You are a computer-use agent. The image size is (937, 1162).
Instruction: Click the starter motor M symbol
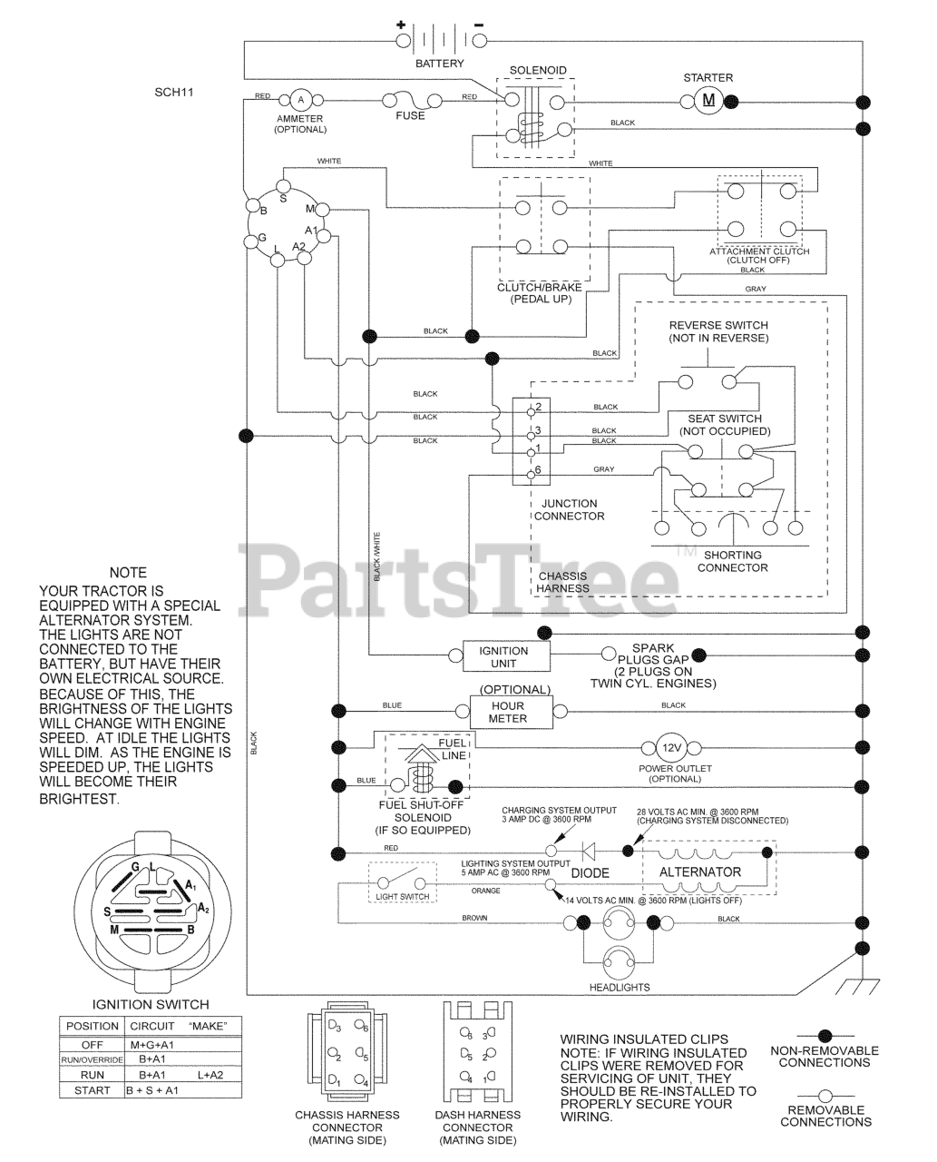tap(708, 101)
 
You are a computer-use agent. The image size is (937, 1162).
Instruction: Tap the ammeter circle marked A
tap(300, 101)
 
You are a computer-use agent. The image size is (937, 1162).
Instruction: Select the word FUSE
tap(410, 115)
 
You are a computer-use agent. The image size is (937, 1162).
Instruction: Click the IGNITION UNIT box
tap(506, 656)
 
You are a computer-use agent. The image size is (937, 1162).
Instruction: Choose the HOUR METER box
tap(512, 712)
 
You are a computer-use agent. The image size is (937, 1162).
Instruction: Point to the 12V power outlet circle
tap(671, 748)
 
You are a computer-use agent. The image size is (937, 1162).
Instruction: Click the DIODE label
tap(590, 873)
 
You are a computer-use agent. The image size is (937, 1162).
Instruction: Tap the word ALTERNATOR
tap(700, 872)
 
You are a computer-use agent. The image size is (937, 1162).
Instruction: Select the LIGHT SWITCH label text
tap(402, 897)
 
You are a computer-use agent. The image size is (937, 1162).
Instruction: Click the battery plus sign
tap(401, 24)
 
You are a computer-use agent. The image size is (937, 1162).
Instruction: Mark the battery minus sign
tap(478, 25)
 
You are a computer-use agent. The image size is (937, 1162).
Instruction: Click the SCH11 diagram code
tap(174, 93)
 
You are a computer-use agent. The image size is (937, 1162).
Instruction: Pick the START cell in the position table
tap(93, 1090)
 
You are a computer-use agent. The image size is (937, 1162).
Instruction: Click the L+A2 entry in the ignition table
tap(210, 1075)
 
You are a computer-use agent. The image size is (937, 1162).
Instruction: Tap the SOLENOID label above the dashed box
tap(538, 71)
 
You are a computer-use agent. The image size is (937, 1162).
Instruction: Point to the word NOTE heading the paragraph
tap(128, 573)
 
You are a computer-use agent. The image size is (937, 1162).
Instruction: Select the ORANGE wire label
tap(485, 891)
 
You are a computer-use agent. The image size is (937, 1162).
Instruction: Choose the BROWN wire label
tap(474, 918)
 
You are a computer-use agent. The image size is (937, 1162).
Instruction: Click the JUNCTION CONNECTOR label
tap(569, 509)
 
